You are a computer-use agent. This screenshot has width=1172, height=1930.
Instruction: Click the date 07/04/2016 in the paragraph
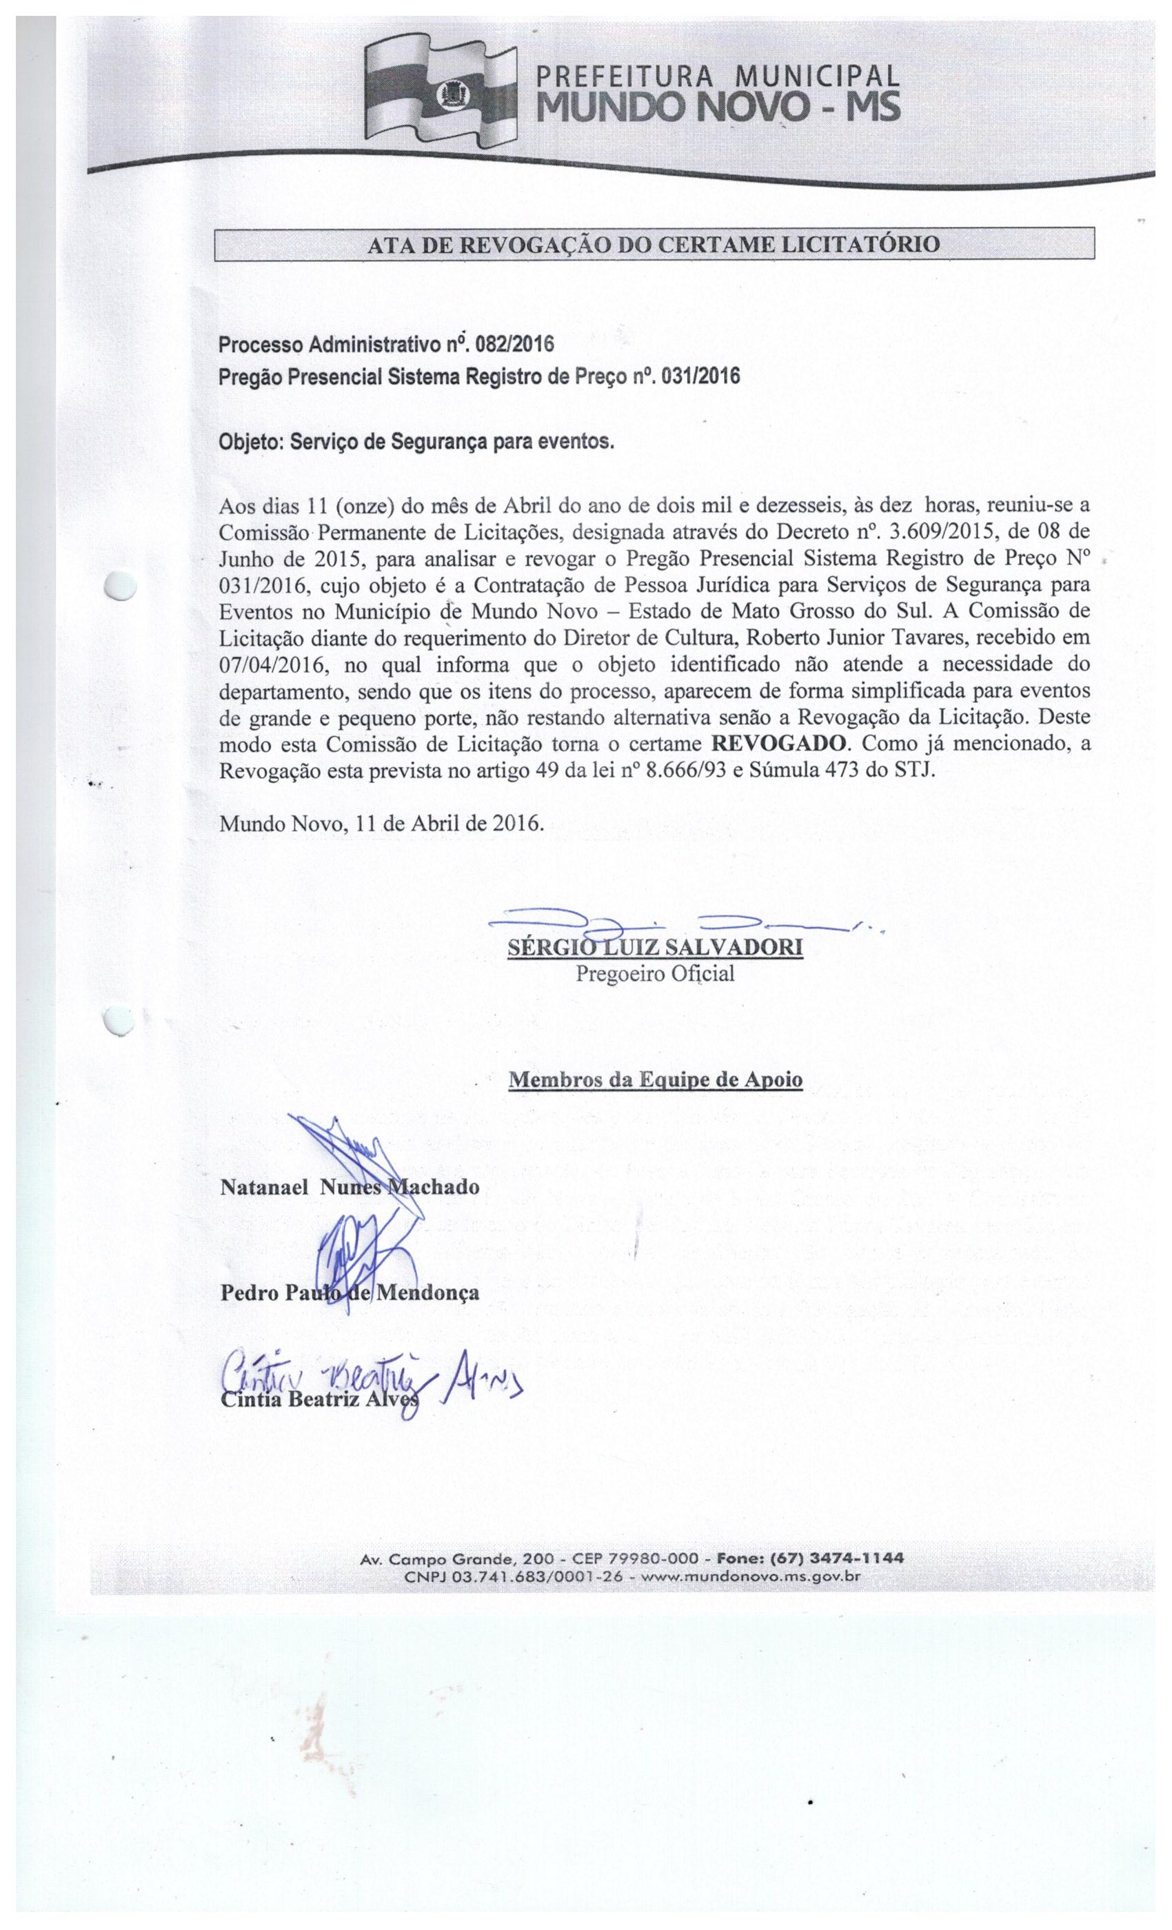point(268,665)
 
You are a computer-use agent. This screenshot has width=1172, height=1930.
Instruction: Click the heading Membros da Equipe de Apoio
point(655,1079)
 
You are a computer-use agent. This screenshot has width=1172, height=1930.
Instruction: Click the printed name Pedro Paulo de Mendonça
point(350,1292)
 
